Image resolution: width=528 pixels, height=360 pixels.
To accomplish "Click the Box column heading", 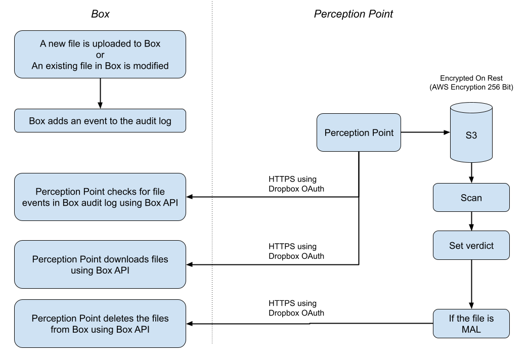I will [x=100, y=14].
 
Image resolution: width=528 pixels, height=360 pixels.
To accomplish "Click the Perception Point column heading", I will [x=353, y=14].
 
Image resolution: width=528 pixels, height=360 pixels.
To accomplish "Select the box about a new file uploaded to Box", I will [x=100, y=55].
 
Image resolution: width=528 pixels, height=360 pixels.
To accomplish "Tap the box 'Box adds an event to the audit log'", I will [x=100, y=121].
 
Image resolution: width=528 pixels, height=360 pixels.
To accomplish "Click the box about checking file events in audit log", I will [x=100, y=197].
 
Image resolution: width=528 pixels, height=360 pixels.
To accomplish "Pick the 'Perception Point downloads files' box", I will [x=100, y=264].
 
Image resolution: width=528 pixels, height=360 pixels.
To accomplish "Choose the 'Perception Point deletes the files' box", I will [x=100, y=324].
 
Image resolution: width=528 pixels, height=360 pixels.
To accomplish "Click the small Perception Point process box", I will [x=359, y=132].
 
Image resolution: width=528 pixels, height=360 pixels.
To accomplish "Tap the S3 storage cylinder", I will [x=470, y=132].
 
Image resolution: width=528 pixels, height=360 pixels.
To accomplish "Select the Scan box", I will [x=471, y=198].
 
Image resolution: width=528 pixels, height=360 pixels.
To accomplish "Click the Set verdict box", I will [x=471, y=246].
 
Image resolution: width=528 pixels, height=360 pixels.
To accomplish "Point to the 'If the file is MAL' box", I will [x=471, y=324].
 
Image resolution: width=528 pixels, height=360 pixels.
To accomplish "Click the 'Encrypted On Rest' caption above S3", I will [x=471, y=83].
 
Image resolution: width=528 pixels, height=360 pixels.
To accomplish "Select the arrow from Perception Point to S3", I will [x=425, y=132].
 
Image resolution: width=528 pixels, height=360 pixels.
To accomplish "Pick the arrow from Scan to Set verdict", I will [x=471, y=221].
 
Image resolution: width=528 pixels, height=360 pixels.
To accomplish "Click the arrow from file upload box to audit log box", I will [x=100, y=94].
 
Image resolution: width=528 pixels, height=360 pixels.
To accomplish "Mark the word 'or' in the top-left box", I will [x=100, y=55].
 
